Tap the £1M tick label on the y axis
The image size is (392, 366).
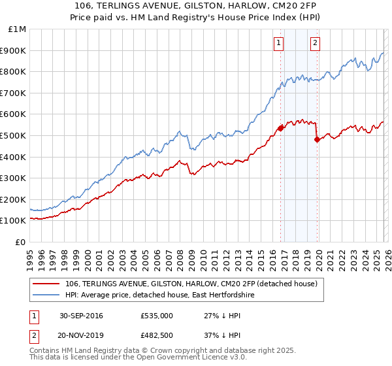coord(17,29)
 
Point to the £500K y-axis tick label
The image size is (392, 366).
coord(14,135)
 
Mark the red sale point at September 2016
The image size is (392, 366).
coord(280,128)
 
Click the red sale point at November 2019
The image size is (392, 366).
coord(317,139)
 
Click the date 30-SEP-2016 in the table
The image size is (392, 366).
coord(81,316)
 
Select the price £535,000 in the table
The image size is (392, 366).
coord(157,316)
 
